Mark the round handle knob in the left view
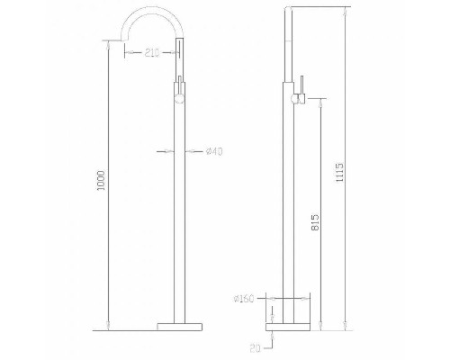179,94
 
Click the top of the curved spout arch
153,11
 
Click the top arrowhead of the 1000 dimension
109,41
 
